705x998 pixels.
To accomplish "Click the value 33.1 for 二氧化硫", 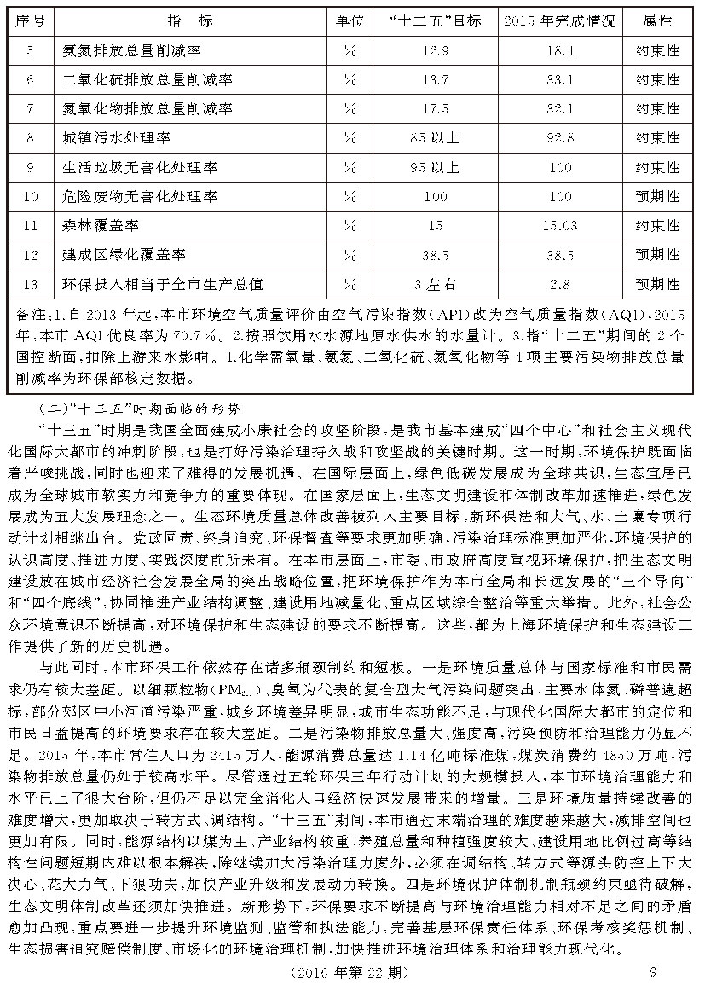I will click(x=559, y=80).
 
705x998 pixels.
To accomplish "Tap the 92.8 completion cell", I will click(x=559, y=138).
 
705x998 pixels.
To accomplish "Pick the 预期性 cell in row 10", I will click(x=657, y=197).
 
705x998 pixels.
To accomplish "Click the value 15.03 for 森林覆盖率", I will click(x=559, y=226).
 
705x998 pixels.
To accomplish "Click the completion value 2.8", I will click(x=559, y=284).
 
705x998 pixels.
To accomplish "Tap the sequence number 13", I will click(x=31, y=284).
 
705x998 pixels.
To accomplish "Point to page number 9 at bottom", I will click(x=652, y=972).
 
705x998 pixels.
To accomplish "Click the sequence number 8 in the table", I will click(x=31, y=138).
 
